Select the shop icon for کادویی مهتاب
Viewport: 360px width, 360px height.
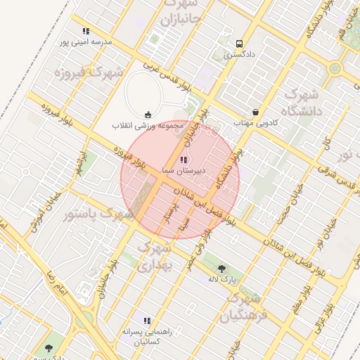255,112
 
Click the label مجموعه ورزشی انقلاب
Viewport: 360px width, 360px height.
147,125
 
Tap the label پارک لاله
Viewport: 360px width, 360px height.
224,278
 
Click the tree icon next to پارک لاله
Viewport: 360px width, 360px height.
223,268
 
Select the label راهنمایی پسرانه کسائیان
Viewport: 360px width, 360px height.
146,335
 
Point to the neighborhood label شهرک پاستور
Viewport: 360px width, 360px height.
98,213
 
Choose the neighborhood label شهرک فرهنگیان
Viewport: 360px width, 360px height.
244,307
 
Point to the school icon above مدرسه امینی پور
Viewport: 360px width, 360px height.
86,32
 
